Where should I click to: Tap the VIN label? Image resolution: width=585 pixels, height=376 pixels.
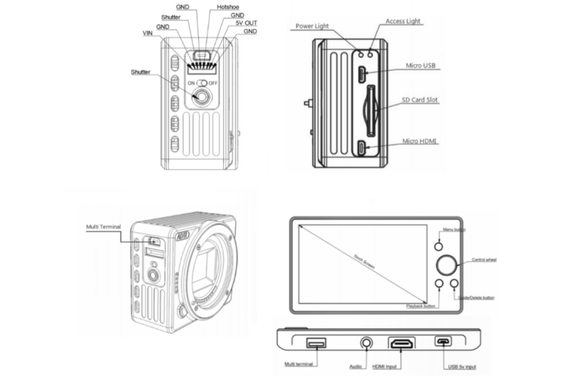pos(147,34)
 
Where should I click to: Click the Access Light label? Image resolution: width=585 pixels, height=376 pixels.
pos(403,21)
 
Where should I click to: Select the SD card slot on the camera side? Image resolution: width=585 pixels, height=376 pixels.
pos(371,111)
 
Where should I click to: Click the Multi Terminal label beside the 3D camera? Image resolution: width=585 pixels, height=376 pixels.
pos(103,227)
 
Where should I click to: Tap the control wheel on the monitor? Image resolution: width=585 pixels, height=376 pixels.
pos(447,264)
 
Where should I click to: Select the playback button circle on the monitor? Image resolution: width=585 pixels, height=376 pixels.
pos(439,283)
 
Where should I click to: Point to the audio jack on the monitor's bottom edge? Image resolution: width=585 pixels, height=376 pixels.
pos(366,342)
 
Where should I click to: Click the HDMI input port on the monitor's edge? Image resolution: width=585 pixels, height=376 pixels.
pos(402,343)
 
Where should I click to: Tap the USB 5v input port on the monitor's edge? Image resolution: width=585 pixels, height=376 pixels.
pos(443,342)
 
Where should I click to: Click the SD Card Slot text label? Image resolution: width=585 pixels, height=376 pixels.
pos(420,100)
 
